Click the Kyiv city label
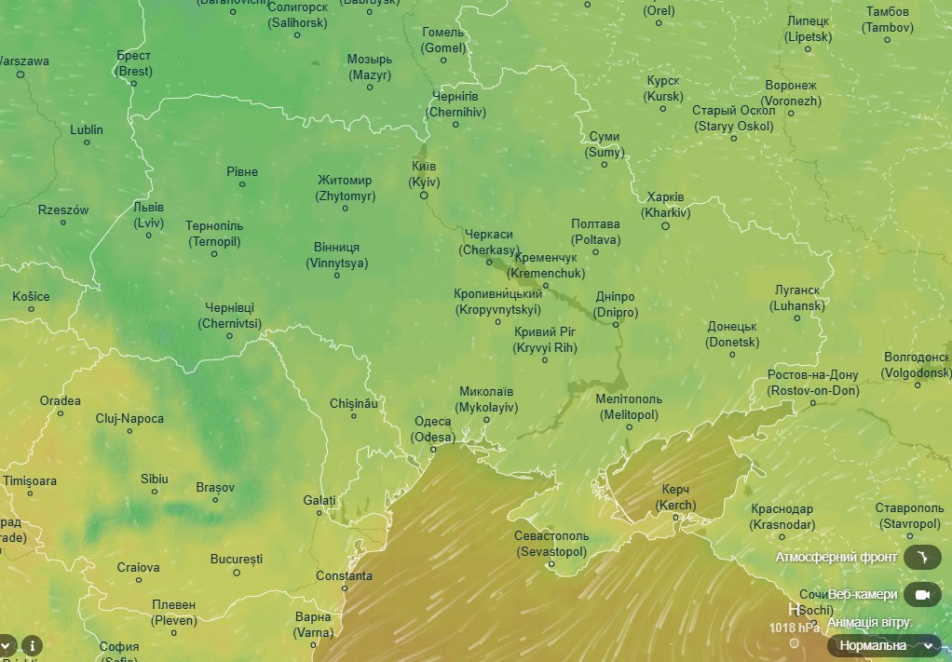(424, 174)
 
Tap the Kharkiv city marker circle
(665, 225)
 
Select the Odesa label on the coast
(434, 429)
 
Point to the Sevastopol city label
(551, 544)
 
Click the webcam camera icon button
(922, 594)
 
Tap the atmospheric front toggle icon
(922, 557)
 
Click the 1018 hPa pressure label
(795, 628)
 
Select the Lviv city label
(148, 215)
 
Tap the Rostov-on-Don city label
(813, 383)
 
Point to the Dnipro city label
(615, 304)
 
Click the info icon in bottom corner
(32, 645)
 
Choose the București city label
(237, 560)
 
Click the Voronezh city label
(791, 93)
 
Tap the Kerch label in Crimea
(675, 497)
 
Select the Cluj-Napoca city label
(129, 419)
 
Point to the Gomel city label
(442, 40)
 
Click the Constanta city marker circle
(345, 588)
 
